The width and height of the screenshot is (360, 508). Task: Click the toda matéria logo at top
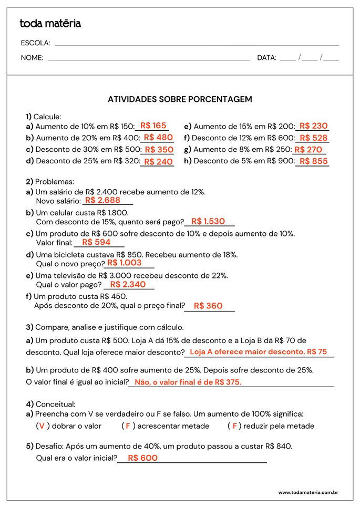(x=50, y=24)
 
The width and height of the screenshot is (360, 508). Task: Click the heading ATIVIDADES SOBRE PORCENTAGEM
(x=180, y=99)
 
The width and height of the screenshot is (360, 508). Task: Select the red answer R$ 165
(x=153, y=126)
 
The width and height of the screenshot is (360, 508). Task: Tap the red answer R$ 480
(x=158, y=138)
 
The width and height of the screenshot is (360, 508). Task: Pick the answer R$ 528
(x=313, y=138)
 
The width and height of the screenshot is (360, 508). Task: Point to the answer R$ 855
(x=313, y=161)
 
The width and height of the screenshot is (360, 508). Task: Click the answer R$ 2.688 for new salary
(x=102, y=200)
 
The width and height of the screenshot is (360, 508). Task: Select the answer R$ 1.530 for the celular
(x=208, y=222)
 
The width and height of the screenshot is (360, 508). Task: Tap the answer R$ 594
(x=96, y=242)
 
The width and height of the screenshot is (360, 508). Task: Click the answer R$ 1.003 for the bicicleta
(x=125, y=263)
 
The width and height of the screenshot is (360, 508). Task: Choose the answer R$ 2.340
(x=128, y=284)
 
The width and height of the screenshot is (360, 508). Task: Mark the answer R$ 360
(x=208, y=306)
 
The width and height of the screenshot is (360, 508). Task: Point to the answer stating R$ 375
(x=188, y=382)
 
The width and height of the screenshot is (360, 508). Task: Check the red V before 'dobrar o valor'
(x=42, y=426)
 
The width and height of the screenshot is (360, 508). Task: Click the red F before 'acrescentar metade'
(x=127, y=426)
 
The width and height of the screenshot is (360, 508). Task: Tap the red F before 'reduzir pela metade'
(x=234, y=426)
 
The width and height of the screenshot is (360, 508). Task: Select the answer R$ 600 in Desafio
(x=142, y=458)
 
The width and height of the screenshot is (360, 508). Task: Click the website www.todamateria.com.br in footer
(x=307, y=493)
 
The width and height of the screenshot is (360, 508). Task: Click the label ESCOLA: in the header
(x=35, y=43)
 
